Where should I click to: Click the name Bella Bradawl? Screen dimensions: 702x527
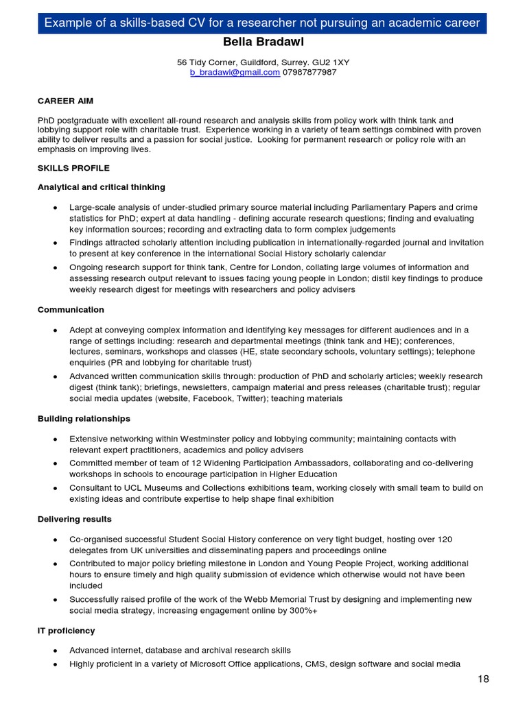click(x=263, y=43)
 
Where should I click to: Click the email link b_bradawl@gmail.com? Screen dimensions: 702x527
click(x=235, y=72)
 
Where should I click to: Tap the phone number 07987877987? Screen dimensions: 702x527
click(x=309, y=72)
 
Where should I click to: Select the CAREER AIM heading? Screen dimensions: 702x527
click(x=65, y=101)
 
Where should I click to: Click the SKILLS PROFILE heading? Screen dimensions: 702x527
click(x=73, y=168)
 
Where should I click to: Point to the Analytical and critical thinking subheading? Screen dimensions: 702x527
click(x=101, y=187)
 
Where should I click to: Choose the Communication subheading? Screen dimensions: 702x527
click(x=71, y=310)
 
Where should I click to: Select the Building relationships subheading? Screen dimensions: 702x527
click(x=84, y=419)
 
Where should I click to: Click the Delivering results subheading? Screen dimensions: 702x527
click(x=74, y=520)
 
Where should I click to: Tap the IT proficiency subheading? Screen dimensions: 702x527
click(x=66, y=631)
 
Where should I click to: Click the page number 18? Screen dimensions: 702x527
click(x=484, y=679)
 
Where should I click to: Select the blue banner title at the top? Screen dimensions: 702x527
click(x=263, y=23)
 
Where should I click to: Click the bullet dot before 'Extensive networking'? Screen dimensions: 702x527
click(x=55, y=439)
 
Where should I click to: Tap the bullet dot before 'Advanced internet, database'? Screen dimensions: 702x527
click(x=55, y=651)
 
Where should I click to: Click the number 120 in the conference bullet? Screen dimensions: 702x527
click(x=445, y=540)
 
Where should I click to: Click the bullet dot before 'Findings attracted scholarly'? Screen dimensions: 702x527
click(x=55, y=243)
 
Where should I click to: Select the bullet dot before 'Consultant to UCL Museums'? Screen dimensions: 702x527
click(x=55, y=488)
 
